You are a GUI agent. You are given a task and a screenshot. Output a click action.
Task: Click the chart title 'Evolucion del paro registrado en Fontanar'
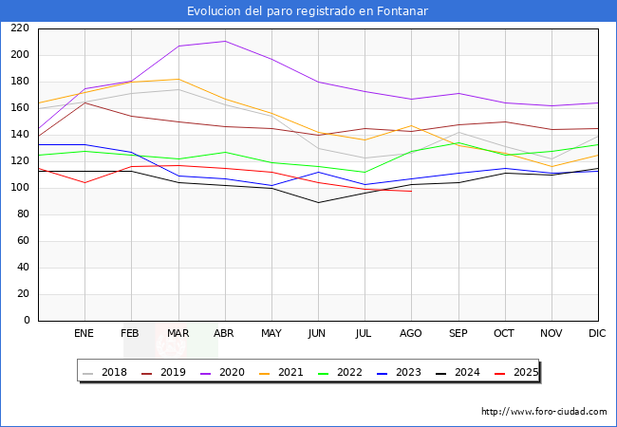click(x=308, y=11)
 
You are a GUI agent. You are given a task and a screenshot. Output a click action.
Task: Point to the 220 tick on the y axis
click(x=21, y=28)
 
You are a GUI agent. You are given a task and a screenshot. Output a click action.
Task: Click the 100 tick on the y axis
click(x=21, y=188)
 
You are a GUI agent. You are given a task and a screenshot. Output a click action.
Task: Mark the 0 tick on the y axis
click(x=27, y=321)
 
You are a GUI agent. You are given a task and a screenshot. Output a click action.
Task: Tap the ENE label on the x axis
click(x=84, y=334)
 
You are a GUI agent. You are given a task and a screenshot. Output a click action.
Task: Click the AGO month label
click(x=411, y=334)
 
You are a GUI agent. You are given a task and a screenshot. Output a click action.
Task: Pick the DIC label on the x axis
click(x=597, y=334)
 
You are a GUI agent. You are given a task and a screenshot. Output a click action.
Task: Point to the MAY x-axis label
click(x=271, y=334)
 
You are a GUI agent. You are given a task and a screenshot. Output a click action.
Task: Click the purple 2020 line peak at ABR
click(x=224, y=41)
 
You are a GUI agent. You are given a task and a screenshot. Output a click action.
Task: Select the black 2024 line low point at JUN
click(x=318, y=202)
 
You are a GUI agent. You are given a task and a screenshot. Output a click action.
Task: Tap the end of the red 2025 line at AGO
click(x=411, y=192)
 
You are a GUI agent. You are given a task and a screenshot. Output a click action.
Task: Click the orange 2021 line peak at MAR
click(x=178, y=80)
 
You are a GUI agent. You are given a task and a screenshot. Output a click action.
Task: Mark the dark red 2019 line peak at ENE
click(x=84, y=102)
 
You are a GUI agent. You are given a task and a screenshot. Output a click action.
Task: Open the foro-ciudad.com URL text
click(x=544, y=412)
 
